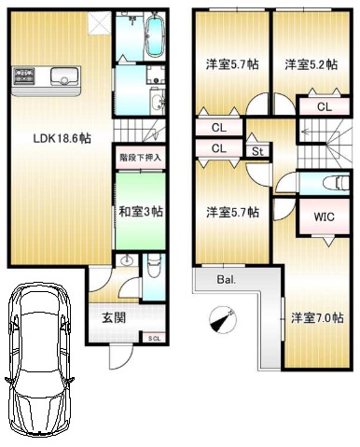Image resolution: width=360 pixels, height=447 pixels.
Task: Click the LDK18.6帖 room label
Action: click(62, 138)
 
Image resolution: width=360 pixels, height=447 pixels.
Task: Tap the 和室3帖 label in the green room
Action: click(141, 212)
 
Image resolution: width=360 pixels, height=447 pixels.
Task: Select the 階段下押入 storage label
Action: click(141, 158)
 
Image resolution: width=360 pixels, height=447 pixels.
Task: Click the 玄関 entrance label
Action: click(114, 317)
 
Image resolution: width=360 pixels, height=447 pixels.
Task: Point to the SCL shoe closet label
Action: click(154, 339)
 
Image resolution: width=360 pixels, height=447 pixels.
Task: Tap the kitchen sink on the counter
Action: click(65, 77)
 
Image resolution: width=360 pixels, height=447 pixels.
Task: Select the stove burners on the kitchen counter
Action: click(23, 76)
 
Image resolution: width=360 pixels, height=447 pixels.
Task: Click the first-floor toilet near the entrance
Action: click(153, 266)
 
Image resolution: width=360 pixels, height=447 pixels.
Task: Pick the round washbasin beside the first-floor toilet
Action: click(127, 260)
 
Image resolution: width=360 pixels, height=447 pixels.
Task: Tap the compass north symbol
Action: click(223, 319)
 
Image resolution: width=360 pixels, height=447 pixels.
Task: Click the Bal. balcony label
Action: click(227, 279)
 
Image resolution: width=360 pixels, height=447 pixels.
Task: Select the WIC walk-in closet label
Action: click(324, 217)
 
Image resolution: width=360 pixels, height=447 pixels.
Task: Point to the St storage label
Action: click(257, 151)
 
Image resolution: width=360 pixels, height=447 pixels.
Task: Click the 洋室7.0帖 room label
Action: click(317, 318)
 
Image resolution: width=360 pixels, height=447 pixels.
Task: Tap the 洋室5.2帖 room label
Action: click(311, 64)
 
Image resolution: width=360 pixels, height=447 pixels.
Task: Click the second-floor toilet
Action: click(336, 183)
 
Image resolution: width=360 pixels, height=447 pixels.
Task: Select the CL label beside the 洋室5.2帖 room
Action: click(325, 107)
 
